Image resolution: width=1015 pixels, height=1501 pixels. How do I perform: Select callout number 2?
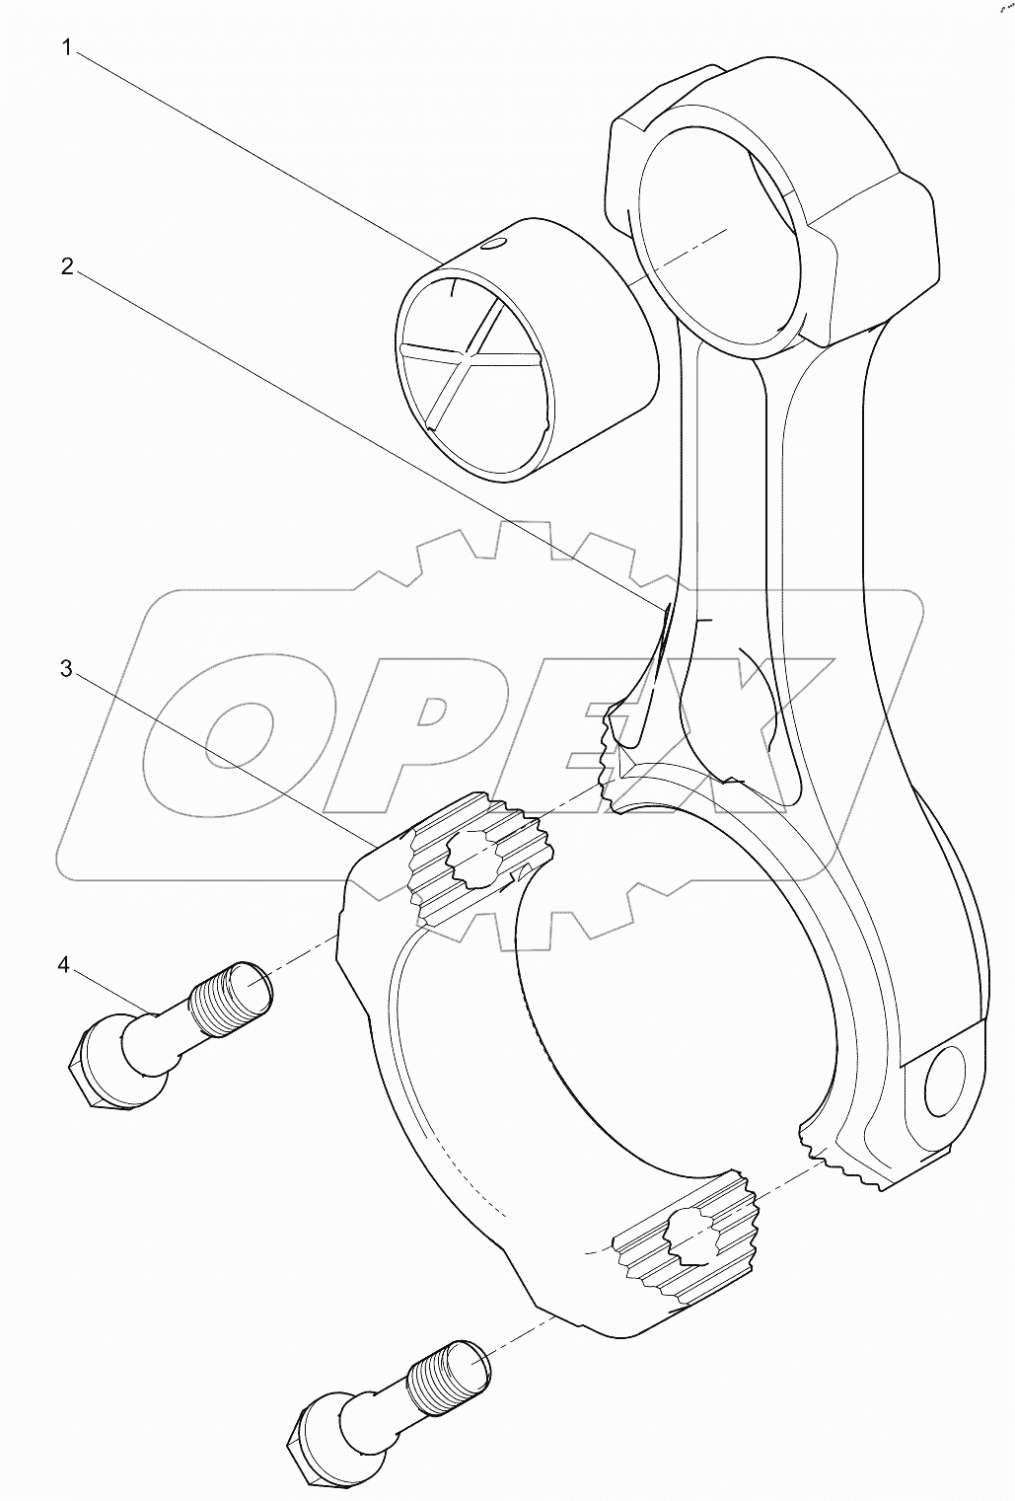coord(67,266)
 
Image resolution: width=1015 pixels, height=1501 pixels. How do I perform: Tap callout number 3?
coord(67,669)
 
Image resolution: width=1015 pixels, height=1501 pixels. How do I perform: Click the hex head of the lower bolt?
coord(316,1440)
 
